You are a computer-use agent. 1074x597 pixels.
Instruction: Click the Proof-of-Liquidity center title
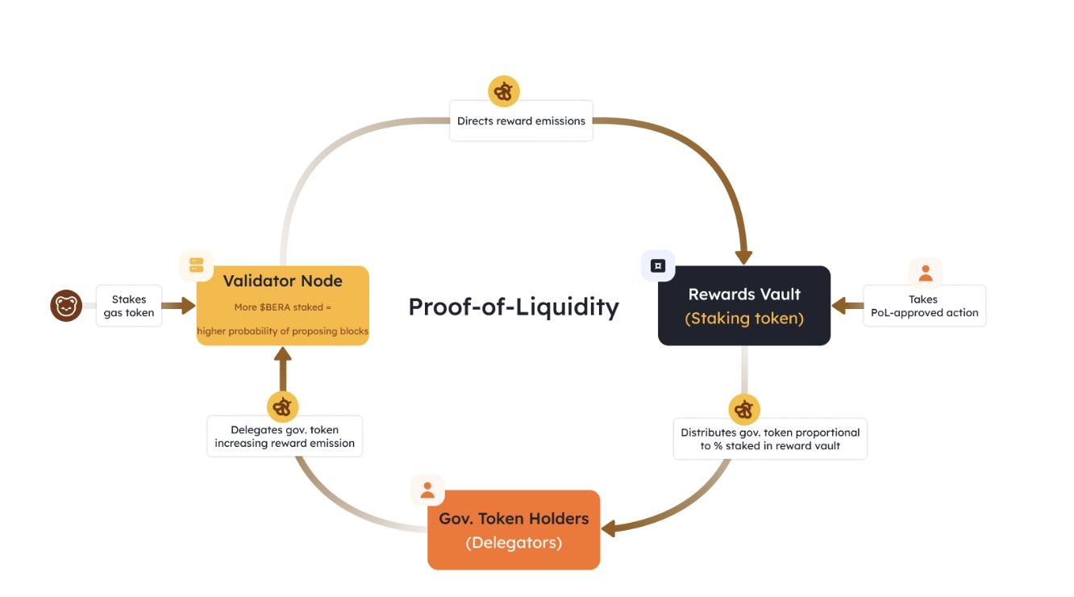tap(513, 307)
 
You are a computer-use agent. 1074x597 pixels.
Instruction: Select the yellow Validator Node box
tap(282, 305)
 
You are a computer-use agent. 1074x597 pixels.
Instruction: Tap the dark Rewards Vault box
tap(743, 305)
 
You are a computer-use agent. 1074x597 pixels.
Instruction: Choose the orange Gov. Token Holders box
tap(514, 529)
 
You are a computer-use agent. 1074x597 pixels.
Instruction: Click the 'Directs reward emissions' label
tap(521, 121)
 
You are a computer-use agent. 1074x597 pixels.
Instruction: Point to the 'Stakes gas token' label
tap(129, 306)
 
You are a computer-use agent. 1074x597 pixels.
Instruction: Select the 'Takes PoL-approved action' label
tap(924, 306)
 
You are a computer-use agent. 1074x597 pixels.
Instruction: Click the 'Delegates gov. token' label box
tap(285, 436)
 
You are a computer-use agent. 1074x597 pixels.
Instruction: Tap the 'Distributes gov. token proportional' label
tap(770, 439)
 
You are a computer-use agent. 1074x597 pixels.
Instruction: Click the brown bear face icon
tap(66, 306)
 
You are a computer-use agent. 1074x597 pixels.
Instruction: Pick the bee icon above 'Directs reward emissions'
tap(504, 92)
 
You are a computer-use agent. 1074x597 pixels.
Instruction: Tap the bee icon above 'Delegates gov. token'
tap(282, 407)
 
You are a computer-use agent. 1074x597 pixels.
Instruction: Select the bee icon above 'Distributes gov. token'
tap(744, 410)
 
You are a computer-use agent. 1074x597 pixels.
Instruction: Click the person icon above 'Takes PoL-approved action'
tap(926, 273)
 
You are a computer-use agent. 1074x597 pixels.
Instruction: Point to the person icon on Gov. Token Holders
tap(427, 490)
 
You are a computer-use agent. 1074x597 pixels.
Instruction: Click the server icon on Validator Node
tap(196, 265)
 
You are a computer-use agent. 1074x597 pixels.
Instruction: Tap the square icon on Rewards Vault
tap(658, 265)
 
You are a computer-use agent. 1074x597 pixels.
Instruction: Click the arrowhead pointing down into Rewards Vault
tap(743, 257)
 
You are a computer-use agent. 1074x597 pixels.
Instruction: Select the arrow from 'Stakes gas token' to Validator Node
tap(179, 306)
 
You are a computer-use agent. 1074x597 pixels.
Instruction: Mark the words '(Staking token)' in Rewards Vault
tap(744, 319)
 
